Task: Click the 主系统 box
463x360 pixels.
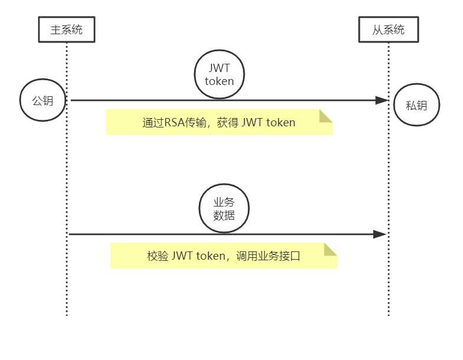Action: [x=67, y=30]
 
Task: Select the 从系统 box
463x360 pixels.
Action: [x=389, y=30]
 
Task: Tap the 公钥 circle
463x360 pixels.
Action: [x=42, y=100]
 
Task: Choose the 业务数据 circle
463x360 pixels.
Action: [x=224, y=209]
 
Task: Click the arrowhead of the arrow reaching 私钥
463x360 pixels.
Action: [x=382, y=100]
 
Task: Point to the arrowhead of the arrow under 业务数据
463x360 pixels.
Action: [x=380, y=234]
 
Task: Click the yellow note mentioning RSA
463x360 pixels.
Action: [x=219, y=122]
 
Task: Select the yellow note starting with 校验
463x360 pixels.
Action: [x=223, y=256]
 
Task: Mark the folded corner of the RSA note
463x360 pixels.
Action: [x=326, y=116]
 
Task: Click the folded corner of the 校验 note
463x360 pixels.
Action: [x=330, y=249]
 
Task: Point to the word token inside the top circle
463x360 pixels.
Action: [x=219, y=81]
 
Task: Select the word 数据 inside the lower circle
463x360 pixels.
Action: [x=224, y=215]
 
